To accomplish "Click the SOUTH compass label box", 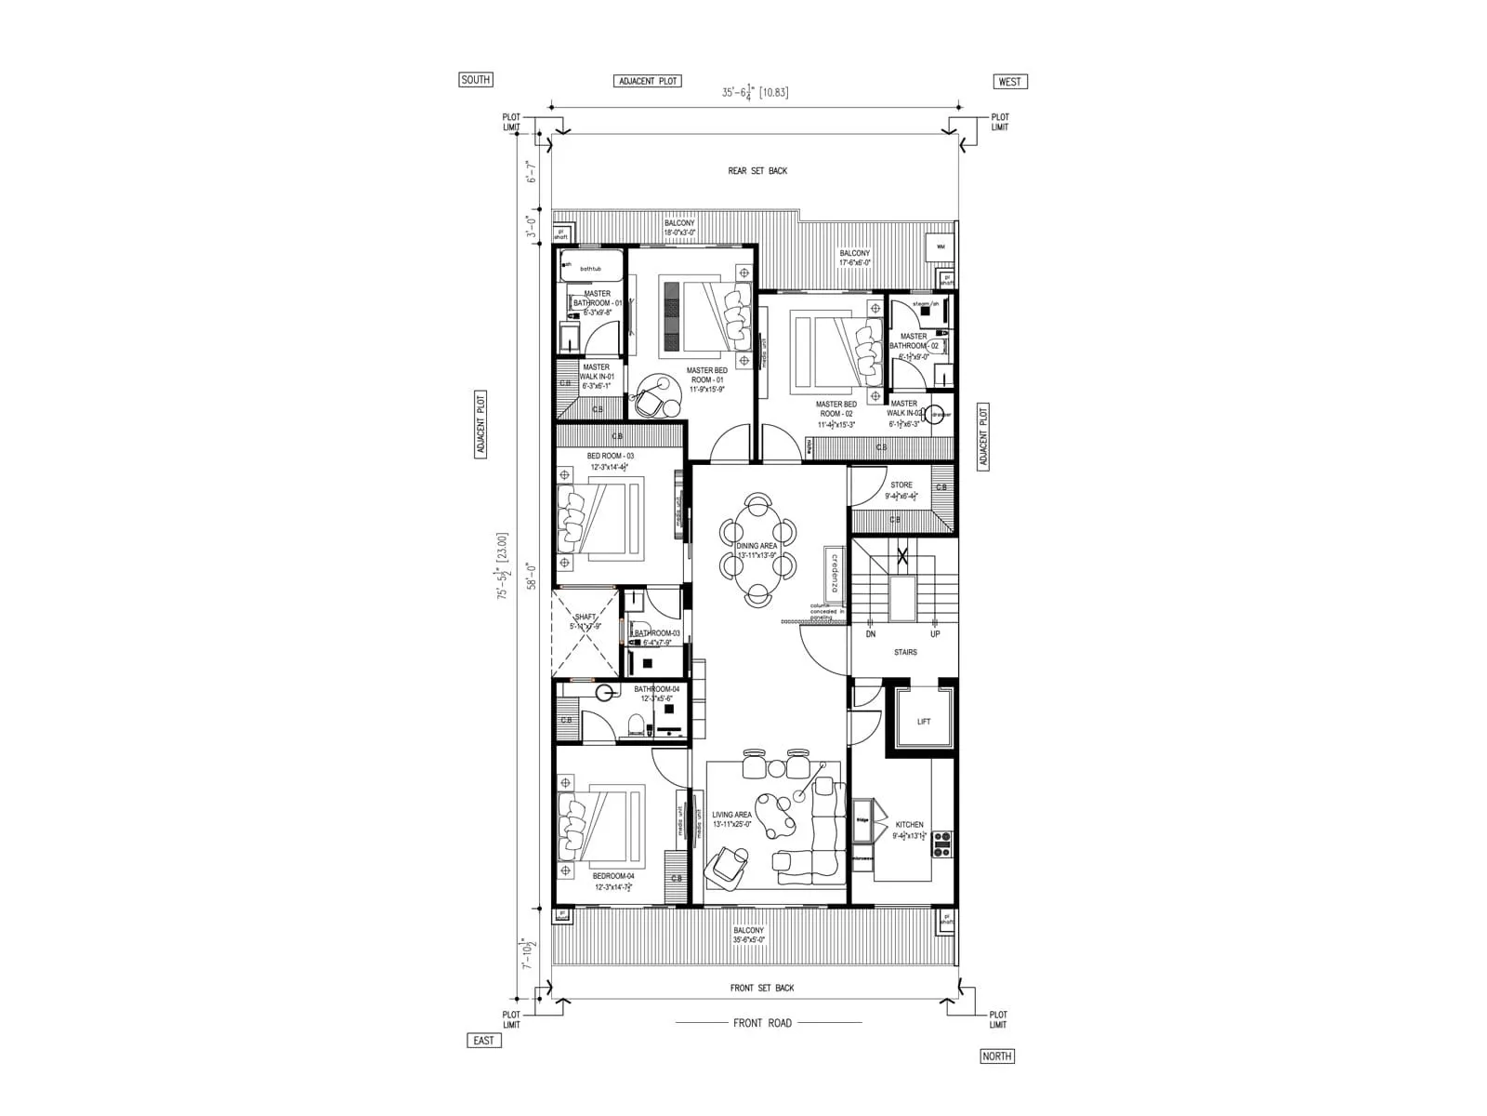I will click(x=475, y=80).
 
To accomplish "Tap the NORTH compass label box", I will click(x=996, y=1056).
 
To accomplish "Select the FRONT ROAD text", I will click(x=762, y=1023).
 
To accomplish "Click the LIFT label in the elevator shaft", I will click(x=923, y=722).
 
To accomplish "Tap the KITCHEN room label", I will click(x=909, y=825).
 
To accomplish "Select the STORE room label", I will click(x=901, y=485).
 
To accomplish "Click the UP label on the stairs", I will click(x=935, y=634).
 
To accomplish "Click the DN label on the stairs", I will click(x=871, y=634).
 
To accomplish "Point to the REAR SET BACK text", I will click(x=757, y=171).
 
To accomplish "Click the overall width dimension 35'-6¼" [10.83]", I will click(x=755, y=92).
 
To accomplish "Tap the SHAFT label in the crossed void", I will click(x=586, y=618).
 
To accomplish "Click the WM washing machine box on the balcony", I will click(x=941, y=247).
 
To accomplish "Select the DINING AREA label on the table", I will click(x=757, y=546).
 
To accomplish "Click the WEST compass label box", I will click(x=1009, y=82).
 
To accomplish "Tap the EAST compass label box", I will click(x=483, y=1041).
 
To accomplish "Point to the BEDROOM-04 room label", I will click(x=613, y=876).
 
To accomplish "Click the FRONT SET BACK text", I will click(x=762, y=988).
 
